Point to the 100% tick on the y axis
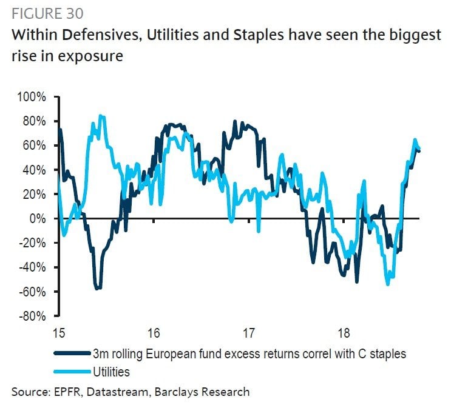[32, 97]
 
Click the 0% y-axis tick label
[38, 218]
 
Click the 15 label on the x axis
[57, 332]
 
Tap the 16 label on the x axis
[153, 332]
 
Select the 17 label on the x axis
[248, 332]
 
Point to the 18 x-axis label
[344, 332]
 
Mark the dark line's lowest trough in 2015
[97, 289]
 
